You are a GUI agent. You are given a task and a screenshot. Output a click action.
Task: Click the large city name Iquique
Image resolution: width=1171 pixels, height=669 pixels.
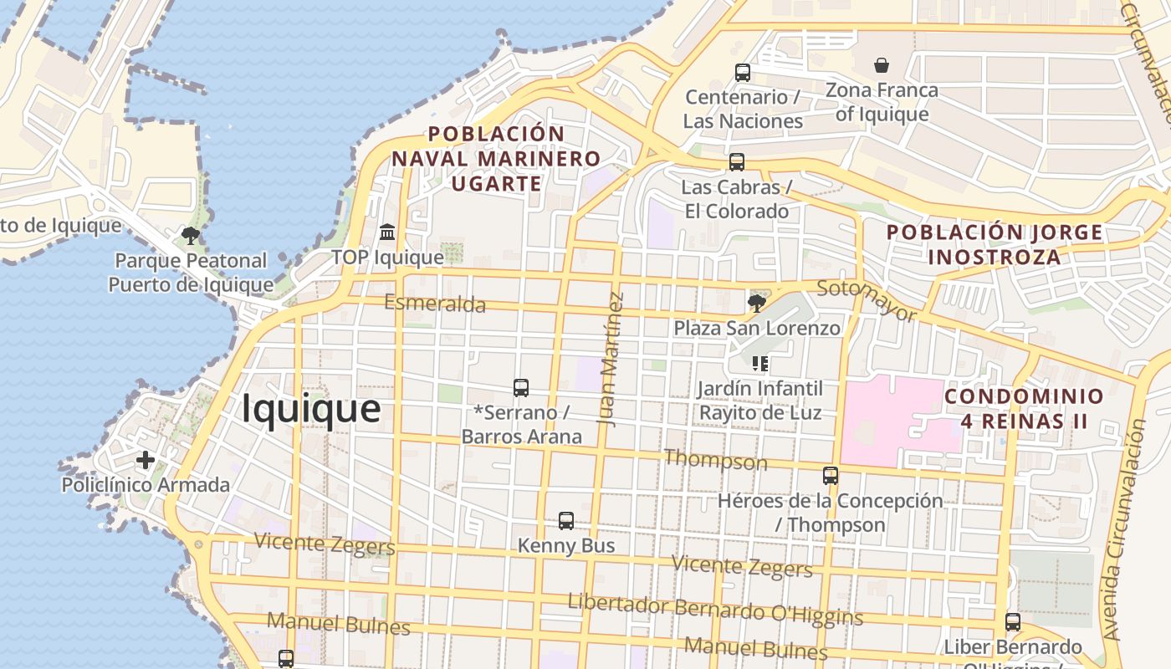311,409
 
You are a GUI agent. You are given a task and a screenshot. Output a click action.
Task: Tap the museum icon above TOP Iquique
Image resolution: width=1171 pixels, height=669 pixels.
387,232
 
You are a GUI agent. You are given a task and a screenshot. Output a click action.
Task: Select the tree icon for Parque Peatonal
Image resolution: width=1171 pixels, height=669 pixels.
191,236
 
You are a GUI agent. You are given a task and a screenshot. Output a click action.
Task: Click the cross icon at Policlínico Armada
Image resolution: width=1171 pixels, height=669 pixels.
146,460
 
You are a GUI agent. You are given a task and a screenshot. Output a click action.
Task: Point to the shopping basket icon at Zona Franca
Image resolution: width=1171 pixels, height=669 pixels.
881,65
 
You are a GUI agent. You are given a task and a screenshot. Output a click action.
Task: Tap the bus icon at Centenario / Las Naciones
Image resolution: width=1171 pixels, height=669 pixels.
742,73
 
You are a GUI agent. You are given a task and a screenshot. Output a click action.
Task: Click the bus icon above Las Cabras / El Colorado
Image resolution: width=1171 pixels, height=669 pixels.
736,162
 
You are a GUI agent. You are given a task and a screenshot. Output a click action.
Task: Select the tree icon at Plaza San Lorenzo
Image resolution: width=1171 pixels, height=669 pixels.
756,303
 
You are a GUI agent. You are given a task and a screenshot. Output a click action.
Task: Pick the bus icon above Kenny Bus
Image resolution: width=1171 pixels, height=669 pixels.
566,521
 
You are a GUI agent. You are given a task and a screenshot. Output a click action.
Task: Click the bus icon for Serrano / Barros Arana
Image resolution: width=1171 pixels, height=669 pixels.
521,388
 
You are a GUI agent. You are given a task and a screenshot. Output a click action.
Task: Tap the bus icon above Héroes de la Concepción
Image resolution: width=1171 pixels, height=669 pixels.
830,476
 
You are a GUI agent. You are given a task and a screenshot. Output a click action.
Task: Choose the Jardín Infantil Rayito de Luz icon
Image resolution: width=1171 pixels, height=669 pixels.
760,364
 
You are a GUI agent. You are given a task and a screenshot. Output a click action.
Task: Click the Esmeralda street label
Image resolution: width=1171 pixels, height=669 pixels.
434,303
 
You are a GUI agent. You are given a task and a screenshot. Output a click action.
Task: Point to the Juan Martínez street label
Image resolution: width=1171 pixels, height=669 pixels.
611,359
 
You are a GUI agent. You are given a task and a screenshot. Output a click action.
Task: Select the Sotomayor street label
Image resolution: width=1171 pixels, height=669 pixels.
867,301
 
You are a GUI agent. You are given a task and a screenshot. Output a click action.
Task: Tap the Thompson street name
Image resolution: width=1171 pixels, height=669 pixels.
715,460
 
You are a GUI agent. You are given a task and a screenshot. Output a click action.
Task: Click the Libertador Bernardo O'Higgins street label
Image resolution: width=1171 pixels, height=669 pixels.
715,610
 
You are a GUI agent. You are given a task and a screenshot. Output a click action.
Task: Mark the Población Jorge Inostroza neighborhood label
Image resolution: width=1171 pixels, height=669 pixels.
995,244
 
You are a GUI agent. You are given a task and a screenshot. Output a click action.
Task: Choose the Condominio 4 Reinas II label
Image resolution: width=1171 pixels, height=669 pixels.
1024,408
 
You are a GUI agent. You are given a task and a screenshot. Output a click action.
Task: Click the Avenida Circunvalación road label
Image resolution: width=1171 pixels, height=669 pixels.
1123,531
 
